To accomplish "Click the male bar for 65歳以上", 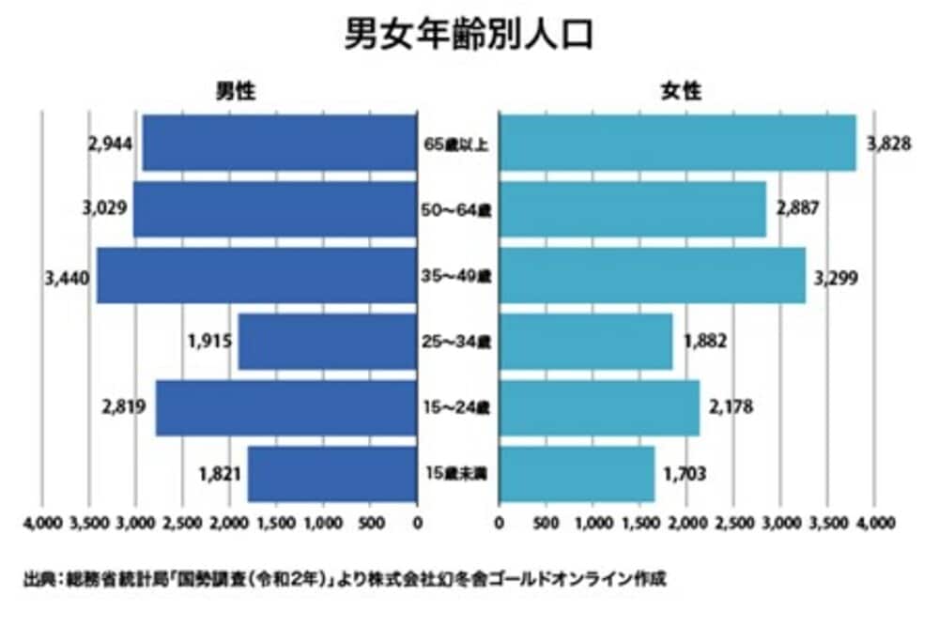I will pyautogui.click(x=279, y=144).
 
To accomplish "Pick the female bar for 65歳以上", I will pyautogui.click(x=677, y=144).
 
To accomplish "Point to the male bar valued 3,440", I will pyautogui.click(x=256, y=276).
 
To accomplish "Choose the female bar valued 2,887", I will pyautogui.click(x=633, y=209).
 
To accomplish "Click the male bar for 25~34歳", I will pyautogui.click(x=328, y=342).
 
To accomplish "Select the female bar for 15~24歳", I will pyautogui.click(x=599, y=407).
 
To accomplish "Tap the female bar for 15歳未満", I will pyautogui.click(x=577, y=474).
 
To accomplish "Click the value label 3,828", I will pyautogui.click(x=886, y=144).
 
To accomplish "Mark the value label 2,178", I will pyautogui.click(x=731, y=407).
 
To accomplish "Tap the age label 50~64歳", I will pyautogui.click(x=457, y=210).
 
